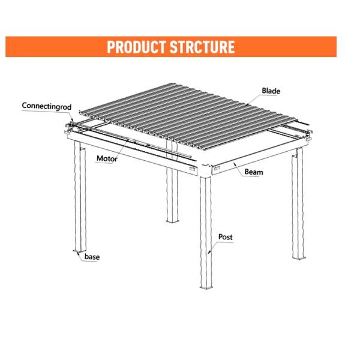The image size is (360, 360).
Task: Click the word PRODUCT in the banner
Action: [136, 47]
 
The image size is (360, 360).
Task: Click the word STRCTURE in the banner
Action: [202, 47]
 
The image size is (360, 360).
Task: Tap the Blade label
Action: [271, 91]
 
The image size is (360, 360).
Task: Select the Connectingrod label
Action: [47, 106]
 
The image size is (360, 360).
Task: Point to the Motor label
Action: [107, 158]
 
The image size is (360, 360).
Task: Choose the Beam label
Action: [254, 172]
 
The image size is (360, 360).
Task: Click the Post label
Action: [225, 237]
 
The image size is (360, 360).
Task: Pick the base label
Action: [92, 257]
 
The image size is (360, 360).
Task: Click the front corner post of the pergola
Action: [206, 232]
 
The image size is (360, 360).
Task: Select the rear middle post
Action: [172, 194]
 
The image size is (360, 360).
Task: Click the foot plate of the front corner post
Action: [206, 287]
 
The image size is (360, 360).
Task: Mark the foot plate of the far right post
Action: [299, 258]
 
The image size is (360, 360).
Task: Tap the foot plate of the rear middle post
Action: [172, 221]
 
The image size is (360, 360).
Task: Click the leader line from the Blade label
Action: [254, 100]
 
